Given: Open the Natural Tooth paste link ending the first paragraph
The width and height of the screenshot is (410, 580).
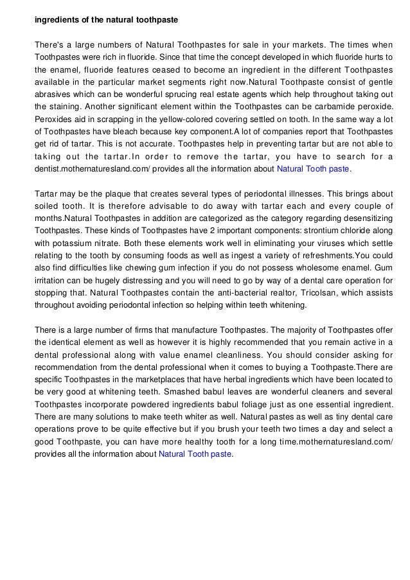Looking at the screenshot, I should point(313,169).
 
